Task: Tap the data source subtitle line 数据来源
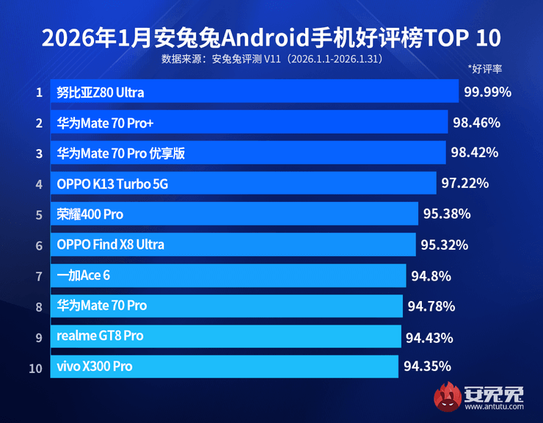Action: (x=271, y=57)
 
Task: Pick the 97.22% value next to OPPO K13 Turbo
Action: (x=464, y=183)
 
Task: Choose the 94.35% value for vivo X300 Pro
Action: (x=426, y=366)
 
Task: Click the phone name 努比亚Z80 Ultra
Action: (x=101, y=93)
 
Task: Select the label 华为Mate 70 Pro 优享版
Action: (x=120, y=153)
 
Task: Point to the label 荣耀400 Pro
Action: (x=90, y=214)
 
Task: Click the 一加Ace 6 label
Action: (x=84, y=275)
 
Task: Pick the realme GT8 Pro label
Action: (x=100, y=336)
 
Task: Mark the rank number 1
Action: (x=38, y=93)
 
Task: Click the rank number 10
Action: (x=36, y=366)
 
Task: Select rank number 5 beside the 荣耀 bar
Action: (x=38, y=214)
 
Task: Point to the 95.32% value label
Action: (x=443, y=245)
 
